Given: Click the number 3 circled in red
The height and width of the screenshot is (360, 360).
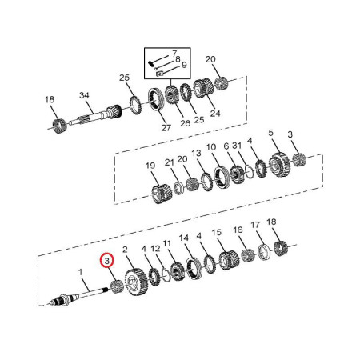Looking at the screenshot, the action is [x=107, y=261].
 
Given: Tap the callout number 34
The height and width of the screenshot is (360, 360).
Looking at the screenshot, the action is [x=84, y=95].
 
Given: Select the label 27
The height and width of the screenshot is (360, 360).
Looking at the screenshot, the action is [x=166, y=128].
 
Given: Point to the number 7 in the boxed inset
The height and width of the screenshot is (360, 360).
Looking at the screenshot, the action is [x=174, y=54].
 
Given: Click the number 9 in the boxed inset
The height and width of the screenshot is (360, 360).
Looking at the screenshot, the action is [x=184, y=65].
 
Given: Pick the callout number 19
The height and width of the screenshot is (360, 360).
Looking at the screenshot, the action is [x=150, y=166].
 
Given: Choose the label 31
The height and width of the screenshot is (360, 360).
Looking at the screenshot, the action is [x=237, y=146].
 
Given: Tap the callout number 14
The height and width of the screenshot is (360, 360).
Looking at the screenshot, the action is [x=184, y=238].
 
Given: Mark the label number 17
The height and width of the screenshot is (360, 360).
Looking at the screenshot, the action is [x=255, y=225].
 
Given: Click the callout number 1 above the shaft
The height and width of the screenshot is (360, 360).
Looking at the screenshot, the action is [x=80, y=272].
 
